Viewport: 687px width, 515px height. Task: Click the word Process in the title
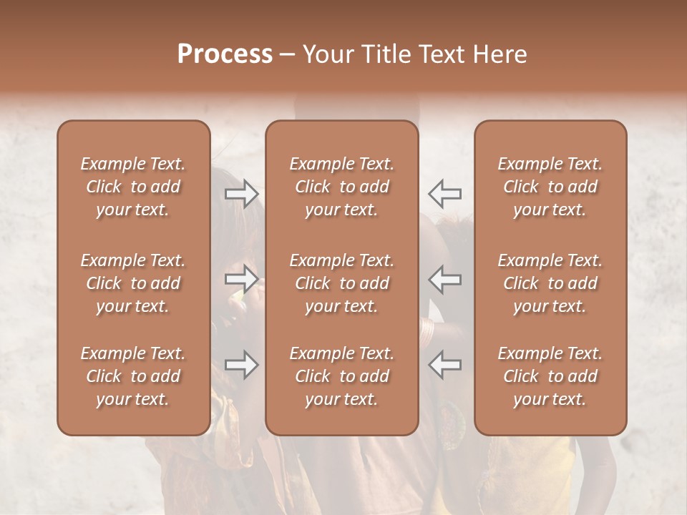click(x=225, y=54)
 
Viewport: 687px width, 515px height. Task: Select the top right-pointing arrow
click(x=241, y=194)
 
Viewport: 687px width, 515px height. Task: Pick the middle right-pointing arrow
click(x=241, y=280)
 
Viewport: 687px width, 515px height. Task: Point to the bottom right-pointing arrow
click(x=241, y=366)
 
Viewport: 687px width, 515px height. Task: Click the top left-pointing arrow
click(x=444, y=194)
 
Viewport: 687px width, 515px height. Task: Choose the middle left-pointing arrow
click(x=444, y=280)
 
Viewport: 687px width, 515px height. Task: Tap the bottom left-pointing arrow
click(x=444, y=366)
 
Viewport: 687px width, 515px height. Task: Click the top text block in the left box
click(x=133, y=187)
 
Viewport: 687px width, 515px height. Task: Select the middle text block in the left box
click(x=133, y=283)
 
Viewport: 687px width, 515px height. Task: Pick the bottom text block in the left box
click(x=133, y=376)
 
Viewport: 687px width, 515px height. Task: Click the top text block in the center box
click(x=342, y=187)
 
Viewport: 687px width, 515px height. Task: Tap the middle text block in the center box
click(x=342, y=283)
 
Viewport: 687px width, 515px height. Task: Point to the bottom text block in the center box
click(x=342, y=376)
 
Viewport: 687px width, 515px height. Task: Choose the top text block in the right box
click(x=550, y=187)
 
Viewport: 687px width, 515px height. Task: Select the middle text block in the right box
click(x=550, y=283)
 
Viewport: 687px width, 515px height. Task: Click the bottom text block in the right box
click(x=550, y=376)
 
